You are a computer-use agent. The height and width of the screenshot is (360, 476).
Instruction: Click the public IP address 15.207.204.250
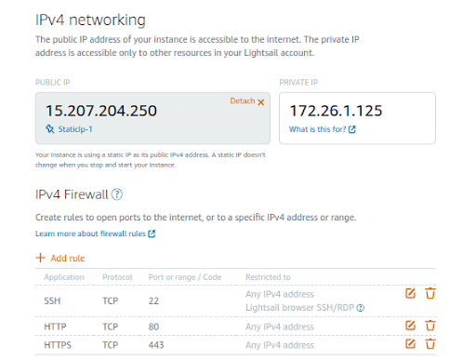click(101, 111)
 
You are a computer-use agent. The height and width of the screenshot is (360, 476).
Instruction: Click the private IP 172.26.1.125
click(335, 111)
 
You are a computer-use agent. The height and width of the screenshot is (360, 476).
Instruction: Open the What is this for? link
click(321, 129)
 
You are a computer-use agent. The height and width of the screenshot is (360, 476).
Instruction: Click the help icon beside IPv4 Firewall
click(117, 194)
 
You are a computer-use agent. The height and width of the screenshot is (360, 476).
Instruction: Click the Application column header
click(64, 277)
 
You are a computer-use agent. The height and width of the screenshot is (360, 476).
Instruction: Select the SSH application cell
click(54, 301)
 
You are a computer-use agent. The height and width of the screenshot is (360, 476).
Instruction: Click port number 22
click(154, 301)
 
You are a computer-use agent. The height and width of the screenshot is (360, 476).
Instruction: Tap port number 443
click(157, 344)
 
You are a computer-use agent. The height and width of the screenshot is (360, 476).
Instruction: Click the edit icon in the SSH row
click(411, 294)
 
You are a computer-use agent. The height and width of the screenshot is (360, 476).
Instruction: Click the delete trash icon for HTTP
click(430, 326)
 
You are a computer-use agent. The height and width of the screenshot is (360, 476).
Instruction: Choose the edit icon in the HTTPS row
click(411, 344)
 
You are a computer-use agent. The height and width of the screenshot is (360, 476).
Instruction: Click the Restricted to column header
click(268, 277)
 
